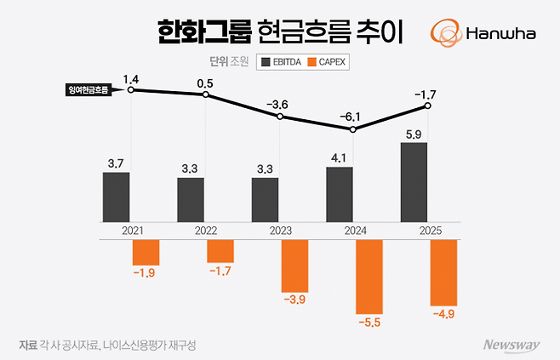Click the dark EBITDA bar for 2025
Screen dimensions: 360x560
tap(414, 181)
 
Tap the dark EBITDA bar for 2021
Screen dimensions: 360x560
tap(117, 197)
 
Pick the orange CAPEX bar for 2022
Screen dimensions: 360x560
tap(220, 251)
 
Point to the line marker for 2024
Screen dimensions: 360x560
tap(353, 129)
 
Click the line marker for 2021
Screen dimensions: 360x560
tap(130, 89)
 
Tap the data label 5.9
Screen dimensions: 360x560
tap(414, 133)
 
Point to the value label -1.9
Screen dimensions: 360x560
tap(145, 272)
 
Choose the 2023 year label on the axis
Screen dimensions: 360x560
tap(279, 231)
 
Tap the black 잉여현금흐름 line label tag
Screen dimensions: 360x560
tap(89, 89)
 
